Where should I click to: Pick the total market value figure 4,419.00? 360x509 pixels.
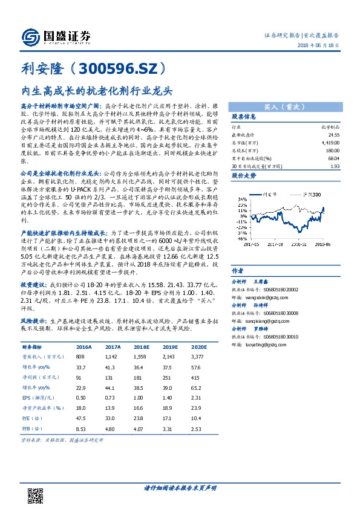(329, 142)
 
